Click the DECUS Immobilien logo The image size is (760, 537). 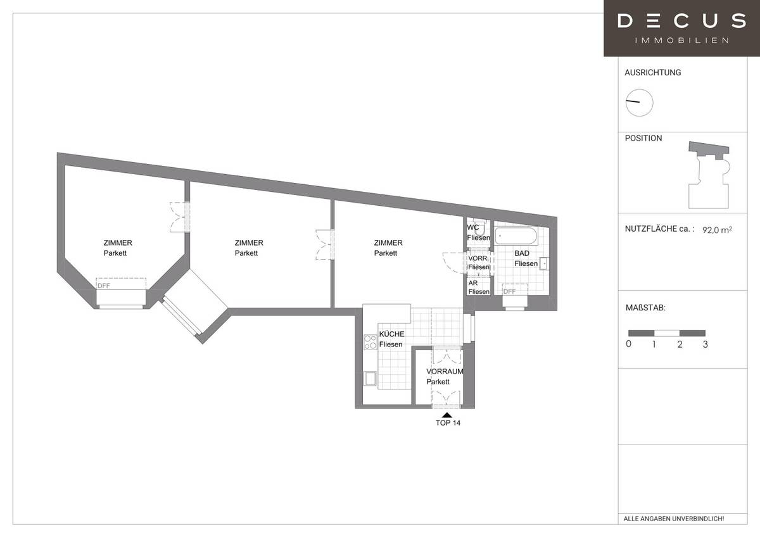click(681, 28)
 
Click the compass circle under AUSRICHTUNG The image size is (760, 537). click(639, 103)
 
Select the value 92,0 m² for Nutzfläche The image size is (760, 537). click(717, 231)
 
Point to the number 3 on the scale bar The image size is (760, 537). click(705, 344)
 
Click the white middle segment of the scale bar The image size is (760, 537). click(666, 332)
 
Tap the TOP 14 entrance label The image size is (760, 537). click(448, 423)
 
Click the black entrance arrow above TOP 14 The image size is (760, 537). click(448, 414)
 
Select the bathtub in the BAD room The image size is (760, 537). click(516, 237)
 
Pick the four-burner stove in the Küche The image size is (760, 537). click(370, 343)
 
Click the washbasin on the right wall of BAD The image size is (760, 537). click(544, 264)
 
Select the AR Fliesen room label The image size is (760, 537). click(478, 287)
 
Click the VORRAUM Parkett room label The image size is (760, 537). click(445, 377)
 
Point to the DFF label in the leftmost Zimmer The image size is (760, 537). click(103, 286)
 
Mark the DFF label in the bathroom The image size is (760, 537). click(509, 291)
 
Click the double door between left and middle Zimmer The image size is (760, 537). click(179, 217)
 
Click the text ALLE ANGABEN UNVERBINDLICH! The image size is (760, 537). click(673, 519)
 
